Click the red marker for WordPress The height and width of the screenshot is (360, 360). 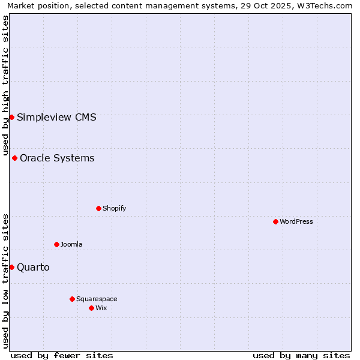(275, 221)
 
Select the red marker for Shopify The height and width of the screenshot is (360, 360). (98, 208)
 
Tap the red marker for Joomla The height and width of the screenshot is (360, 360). (56, 244)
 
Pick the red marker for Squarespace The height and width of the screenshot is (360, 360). (72, 299)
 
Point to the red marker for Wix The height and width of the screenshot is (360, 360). (91, 308)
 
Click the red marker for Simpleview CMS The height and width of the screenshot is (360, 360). (11, 117)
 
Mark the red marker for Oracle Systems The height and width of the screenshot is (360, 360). (14, 158)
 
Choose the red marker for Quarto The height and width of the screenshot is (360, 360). (11, 267)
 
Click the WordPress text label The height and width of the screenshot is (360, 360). (296, 221)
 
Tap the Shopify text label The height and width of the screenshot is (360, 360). (114, 208)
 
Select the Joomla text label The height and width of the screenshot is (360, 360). (71, 244)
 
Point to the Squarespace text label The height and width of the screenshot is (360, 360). (97, 299)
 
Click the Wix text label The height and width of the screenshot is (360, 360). (101, 308)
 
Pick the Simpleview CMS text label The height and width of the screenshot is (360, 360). (56, 117)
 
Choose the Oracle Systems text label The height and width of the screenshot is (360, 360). (57, 158)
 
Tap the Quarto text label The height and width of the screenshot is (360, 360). (33, 267)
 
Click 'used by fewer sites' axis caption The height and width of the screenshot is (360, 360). (62, 355)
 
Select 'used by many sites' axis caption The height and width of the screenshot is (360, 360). (301, 355)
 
